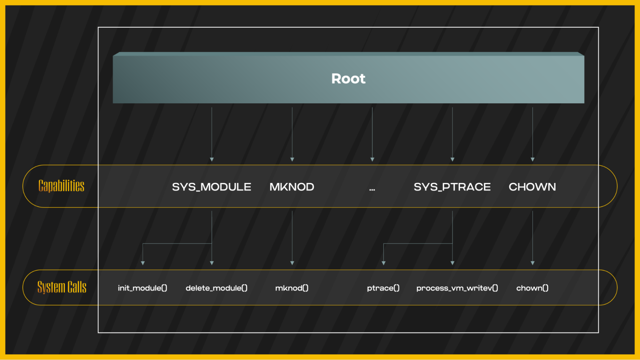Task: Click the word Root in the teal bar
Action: coord(348,79)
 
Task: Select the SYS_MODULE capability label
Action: coord(211,187)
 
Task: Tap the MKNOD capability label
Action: coord(292,187)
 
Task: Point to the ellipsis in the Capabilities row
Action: coord(372,189)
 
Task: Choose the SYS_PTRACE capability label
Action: coord(452,187)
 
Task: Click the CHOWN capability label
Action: coord(532,187)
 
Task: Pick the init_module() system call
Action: coord(142,288)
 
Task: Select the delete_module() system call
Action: coord(216,288)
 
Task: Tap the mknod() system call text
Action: coord(292,288)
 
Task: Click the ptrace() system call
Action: coord(383,288)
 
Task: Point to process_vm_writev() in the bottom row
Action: coord(457,288)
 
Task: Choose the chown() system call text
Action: coord(532,288)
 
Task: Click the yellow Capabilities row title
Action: coord(61,186)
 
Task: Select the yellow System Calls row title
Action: coord(62,287)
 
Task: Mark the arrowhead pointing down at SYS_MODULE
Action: coord(212,159)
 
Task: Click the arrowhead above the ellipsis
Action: coord(372,159)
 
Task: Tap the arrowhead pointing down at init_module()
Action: coord(143,263)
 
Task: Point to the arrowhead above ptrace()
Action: coord(384,263)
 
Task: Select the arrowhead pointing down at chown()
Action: coord(532,263)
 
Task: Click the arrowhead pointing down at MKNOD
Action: coord(292,159)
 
